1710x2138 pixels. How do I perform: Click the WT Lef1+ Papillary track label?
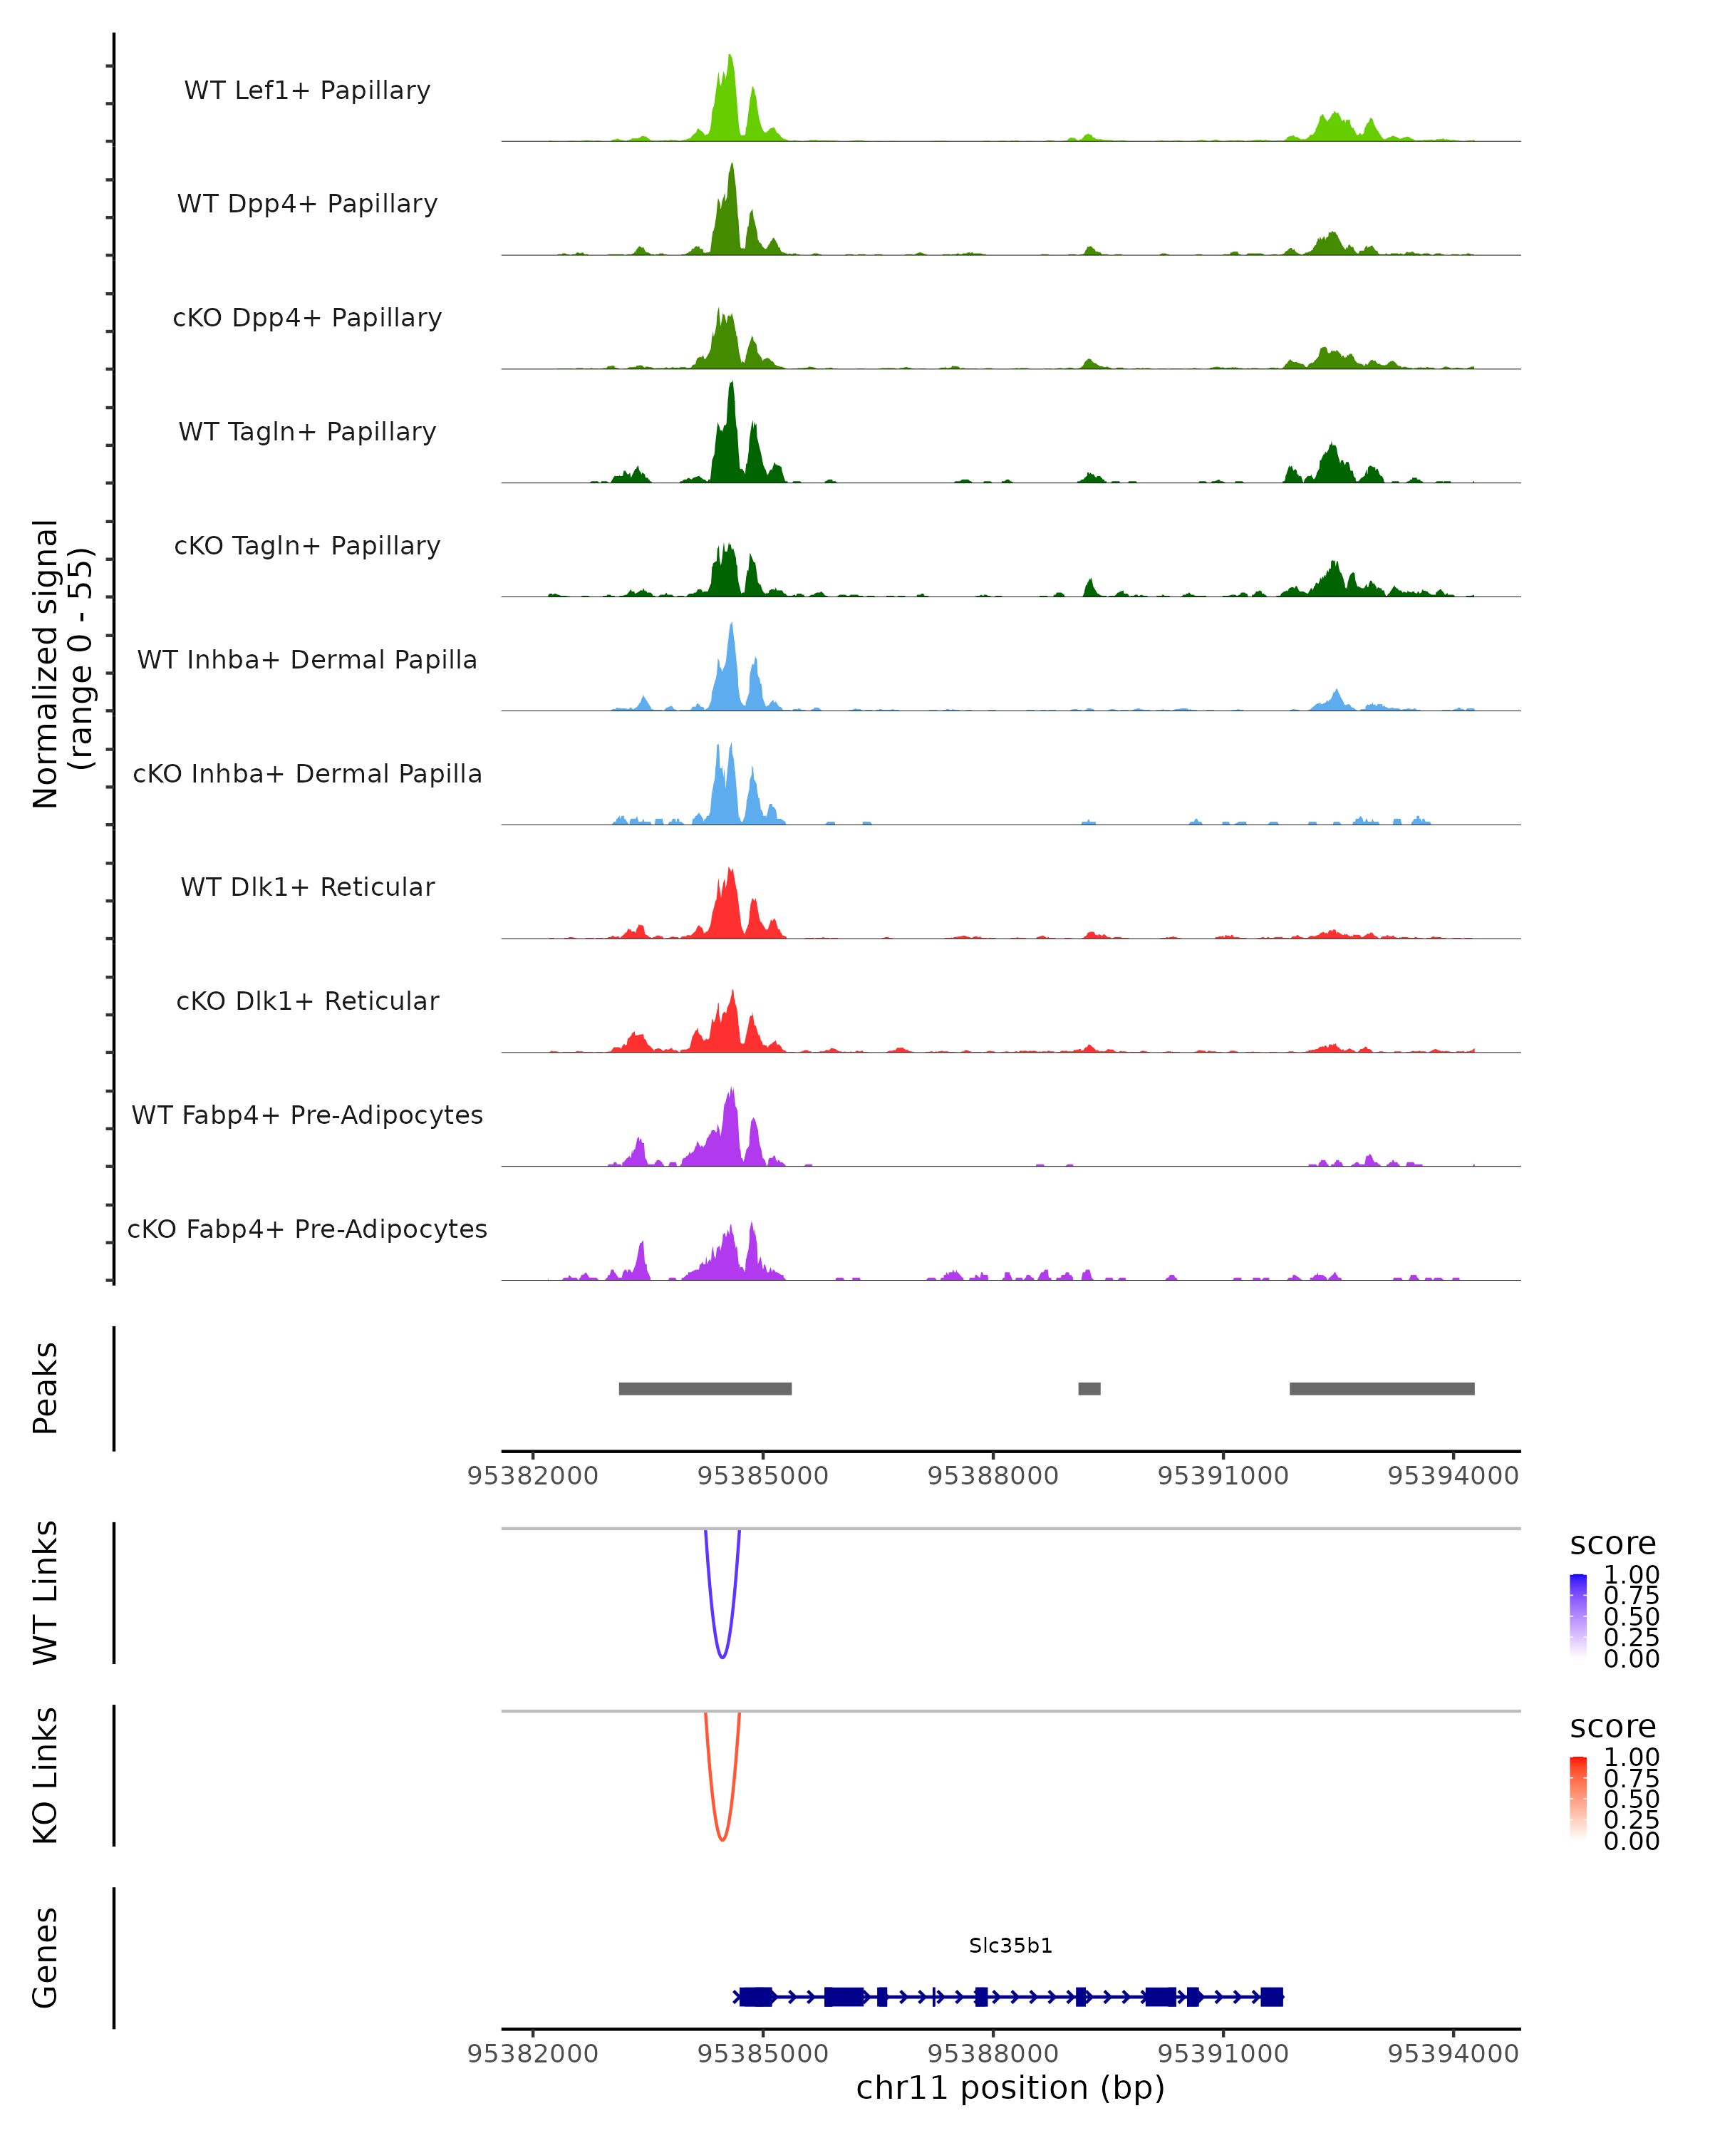pos(307,91)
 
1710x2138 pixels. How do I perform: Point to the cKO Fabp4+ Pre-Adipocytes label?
pos(307,1229)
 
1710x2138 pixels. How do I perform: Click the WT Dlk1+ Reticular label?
pos(307,887)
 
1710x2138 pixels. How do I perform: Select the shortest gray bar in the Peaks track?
pos(1089,1388)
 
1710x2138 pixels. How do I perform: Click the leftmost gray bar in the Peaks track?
pos(705,1388)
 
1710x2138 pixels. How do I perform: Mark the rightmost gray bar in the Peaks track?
pos(1381,1388)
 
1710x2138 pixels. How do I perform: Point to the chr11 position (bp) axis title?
pos(1010,2087)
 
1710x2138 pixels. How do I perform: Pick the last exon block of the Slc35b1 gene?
pos(1272,1997)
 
